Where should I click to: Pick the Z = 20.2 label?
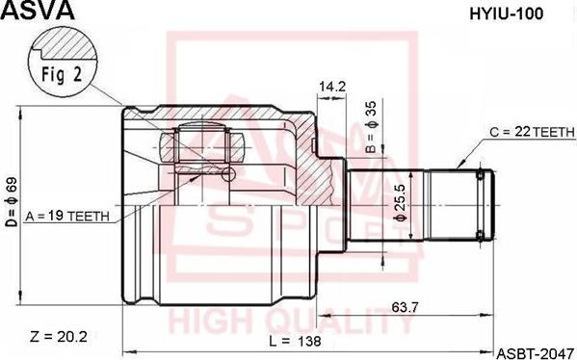pyautogui.click(x=59, y=336)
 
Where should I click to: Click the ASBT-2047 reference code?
pyautogui.click(x=535, y=351)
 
